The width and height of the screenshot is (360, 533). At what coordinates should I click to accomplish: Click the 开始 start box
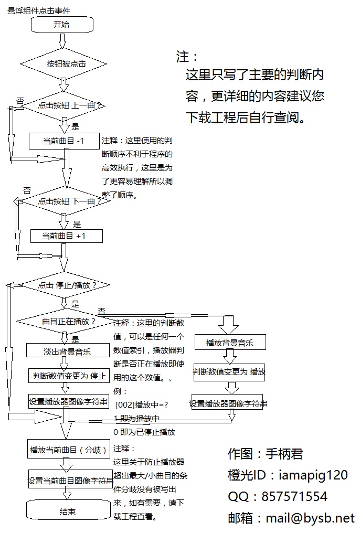62,24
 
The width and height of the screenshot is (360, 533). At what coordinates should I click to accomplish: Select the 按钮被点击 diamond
66,64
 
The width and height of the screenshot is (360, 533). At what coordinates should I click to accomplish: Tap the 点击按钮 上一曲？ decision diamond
66,106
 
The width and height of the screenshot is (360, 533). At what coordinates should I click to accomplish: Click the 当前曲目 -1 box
64,141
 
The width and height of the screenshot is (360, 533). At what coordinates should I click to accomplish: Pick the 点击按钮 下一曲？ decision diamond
65,201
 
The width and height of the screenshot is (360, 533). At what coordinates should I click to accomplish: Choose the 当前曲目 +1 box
66,237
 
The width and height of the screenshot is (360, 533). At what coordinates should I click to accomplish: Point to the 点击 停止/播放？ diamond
66,285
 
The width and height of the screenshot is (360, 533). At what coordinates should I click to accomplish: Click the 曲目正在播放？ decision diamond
66,321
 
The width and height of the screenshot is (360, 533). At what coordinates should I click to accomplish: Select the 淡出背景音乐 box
67,351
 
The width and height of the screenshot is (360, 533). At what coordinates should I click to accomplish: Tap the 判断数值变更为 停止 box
69,376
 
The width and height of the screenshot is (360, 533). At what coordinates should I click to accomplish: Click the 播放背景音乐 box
229,343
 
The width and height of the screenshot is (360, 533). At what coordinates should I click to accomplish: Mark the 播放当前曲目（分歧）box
68,450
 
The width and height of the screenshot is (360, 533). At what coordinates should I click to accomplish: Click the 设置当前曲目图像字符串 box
70,480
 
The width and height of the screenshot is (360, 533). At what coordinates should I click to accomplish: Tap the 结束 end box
67,511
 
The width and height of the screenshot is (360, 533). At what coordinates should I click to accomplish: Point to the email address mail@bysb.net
310,518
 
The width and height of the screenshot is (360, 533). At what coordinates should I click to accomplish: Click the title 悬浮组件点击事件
39,10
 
